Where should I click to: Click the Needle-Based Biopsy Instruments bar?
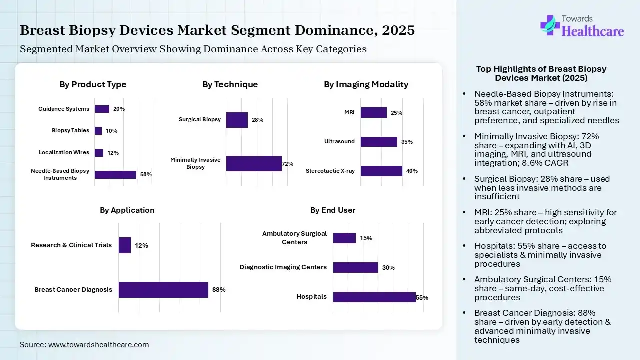click(115, 174)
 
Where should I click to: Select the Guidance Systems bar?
click(102, 109)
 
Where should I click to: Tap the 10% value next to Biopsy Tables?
click(111, 131)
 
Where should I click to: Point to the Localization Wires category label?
click(64, 152)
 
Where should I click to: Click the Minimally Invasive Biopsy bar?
click(254, 163)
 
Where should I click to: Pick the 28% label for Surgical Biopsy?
click(257, 120)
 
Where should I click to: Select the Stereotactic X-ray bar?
click(381, 171)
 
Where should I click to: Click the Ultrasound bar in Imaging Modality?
click(379, 142)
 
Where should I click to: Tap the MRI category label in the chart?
click(349, 112)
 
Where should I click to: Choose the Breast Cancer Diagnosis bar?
click(163, 290)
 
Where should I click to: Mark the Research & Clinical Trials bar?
click(125, 245)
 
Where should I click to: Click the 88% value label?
click(219, 290)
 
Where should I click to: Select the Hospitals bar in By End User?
click(374, 297)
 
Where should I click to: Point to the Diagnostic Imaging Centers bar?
click(355, 267)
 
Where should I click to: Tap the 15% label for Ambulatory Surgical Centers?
click(366, 238)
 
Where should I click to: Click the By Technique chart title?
click(230, 84)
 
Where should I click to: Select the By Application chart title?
click(127, 210)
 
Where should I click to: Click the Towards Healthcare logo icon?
click(549, 25)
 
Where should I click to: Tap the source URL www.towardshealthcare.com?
click(99, 344)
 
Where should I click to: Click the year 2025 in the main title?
click(398, 30)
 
